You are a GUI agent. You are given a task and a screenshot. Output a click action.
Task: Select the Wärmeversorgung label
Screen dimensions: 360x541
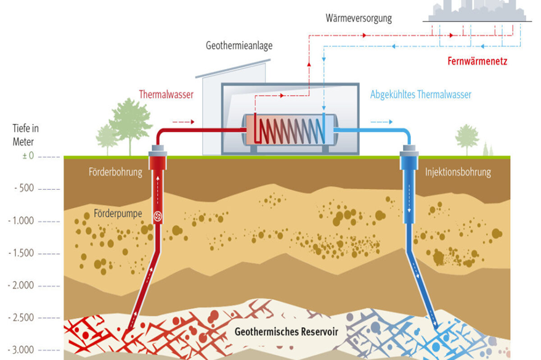point(359,18)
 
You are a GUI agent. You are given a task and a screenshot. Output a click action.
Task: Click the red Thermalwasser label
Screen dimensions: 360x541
point(166,95)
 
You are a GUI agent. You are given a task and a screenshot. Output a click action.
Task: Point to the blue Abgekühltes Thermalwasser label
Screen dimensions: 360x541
point(420,95)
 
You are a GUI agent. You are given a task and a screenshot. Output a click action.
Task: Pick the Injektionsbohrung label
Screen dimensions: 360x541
point(458,172)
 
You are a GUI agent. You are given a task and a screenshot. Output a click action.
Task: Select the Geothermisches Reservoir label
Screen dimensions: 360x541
point(287,332)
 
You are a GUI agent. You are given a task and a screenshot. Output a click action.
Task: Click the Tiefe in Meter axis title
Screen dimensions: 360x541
point(25,134)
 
